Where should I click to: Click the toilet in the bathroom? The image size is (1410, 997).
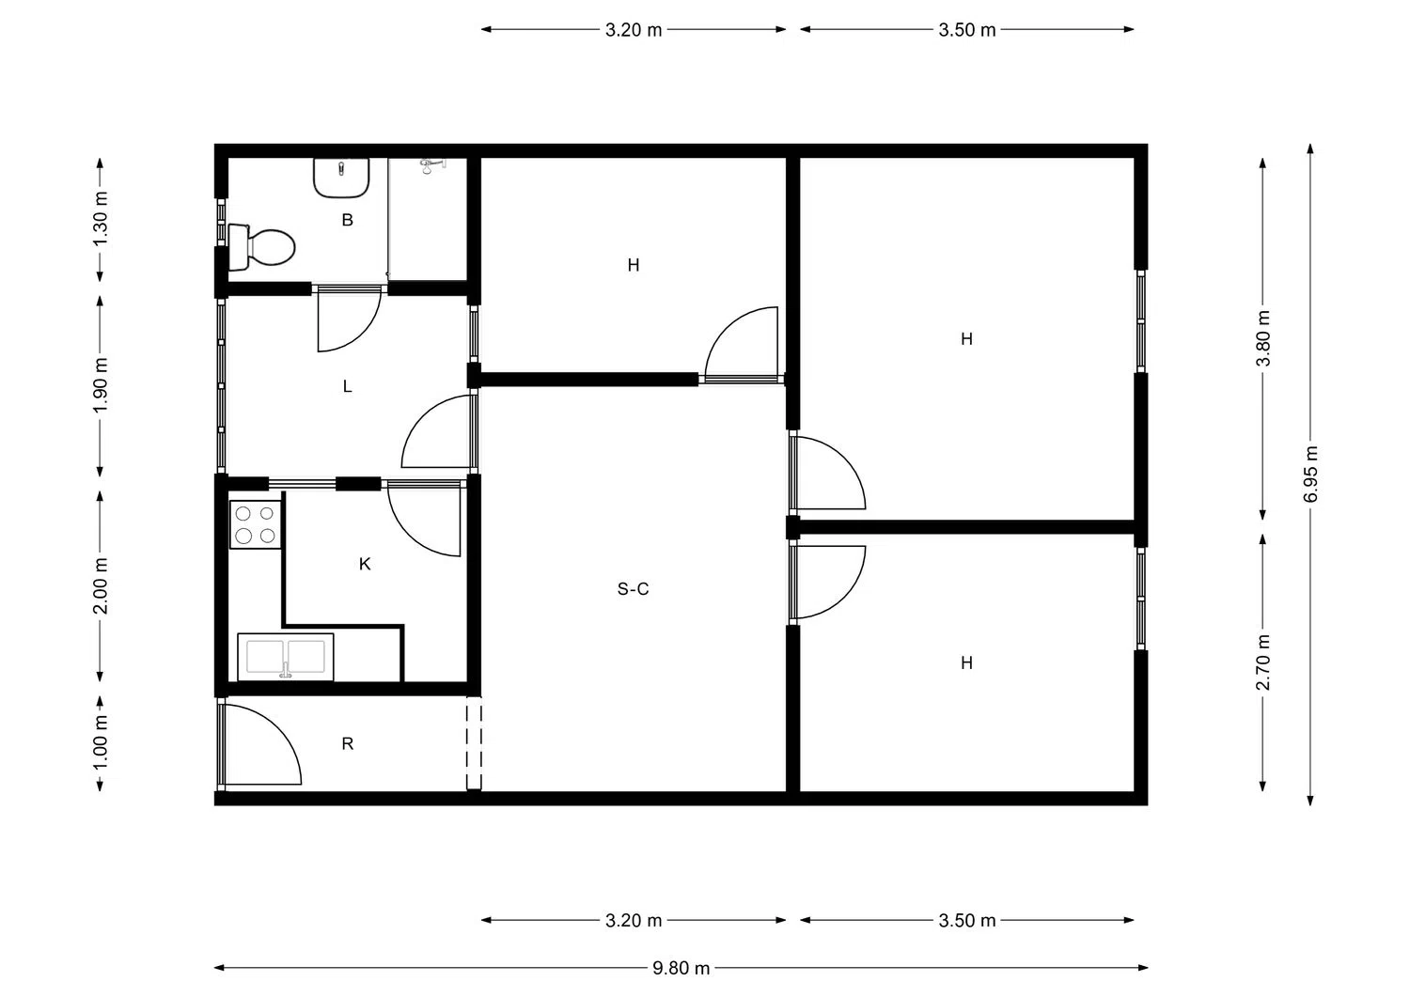coord(262,247)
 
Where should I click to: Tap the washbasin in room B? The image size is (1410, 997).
coord(341,179)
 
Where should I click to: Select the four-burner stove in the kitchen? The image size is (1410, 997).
coord(255,525)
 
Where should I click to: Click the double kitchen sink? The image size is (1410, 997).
coord(285,657)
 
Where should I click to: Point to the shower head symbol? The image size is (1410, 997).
coord(431,165)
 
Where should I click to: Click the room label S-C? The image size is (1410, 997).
coord(633,589)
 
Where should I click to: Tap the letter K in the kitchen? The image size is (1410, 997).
coord(365,564)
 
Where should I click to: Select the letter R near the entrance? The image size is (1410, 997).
coord(348,744)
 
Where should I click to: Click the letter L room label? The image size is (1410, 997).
coord(348,386)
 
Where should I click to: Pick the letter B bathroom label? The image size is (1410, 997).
coord(348,220)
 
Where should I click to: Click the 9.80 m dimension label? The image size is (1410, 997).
coord(681,969)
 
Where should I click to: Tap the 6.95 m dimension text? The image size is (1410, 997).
coord(1311,474)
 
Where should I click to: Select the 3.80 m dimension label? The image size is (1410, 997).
coord(1263,338)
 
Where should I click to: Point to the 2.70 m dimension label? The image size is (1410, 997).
coord(1263,662)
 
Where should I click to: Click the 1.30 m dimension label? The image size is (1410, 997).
coord(101,219)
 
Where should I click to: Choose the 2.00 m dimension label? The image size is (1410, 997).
coord(101,586)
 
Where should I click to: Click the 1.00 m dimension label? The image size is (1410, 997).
coord(101,742)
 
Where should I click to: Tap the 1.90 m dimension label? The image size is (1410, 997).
coord(101,386)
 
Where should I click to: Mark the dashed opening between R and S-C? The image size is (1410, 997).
coord(474,746)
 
